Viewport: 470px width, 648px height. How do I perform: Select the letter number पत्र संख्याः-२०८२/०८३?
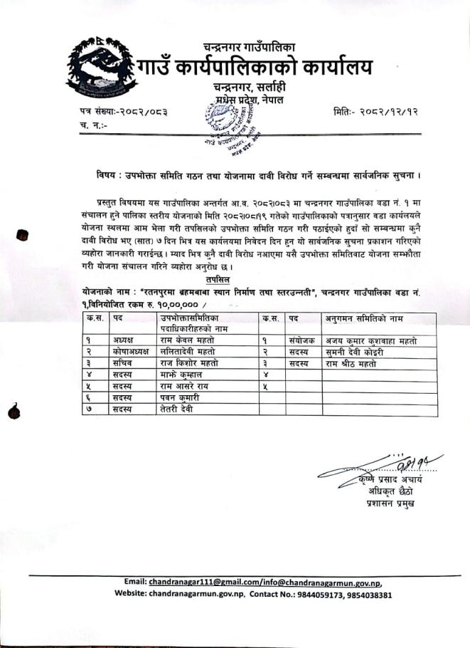coord(128,112)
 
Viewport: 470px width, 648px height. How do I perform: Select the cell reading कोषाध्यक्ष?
coord(127,352)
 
